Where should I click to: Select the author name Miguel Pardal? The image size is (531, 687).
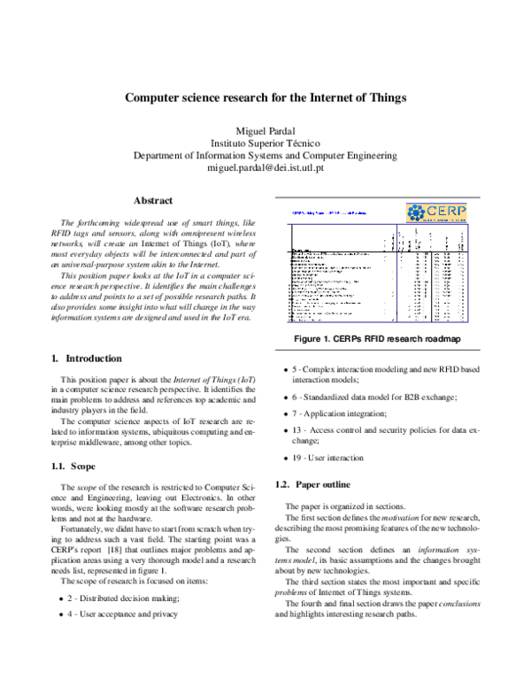pyautogui.click(x=265, y=129)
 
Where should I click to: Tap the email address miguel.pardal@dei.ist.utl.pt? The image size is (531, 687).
pyautogui.click(x=265, y=166)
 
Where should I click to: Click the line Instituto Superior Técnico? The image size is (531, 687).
pyautogui.click(x=265, y=142)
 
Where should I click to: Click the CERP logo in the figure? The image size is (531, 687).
pyautogui.click(x=442, y=213)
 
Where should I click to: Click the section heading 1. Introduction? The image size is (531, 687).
pyautogui.click(x=87, y=359)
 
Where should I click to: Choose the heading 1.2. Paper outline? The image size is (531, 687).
pyautogui.click(x=314, y=484)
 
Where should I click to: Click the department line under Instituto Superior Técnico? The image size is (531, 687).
pyautogui.click(x=265, y=154)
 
